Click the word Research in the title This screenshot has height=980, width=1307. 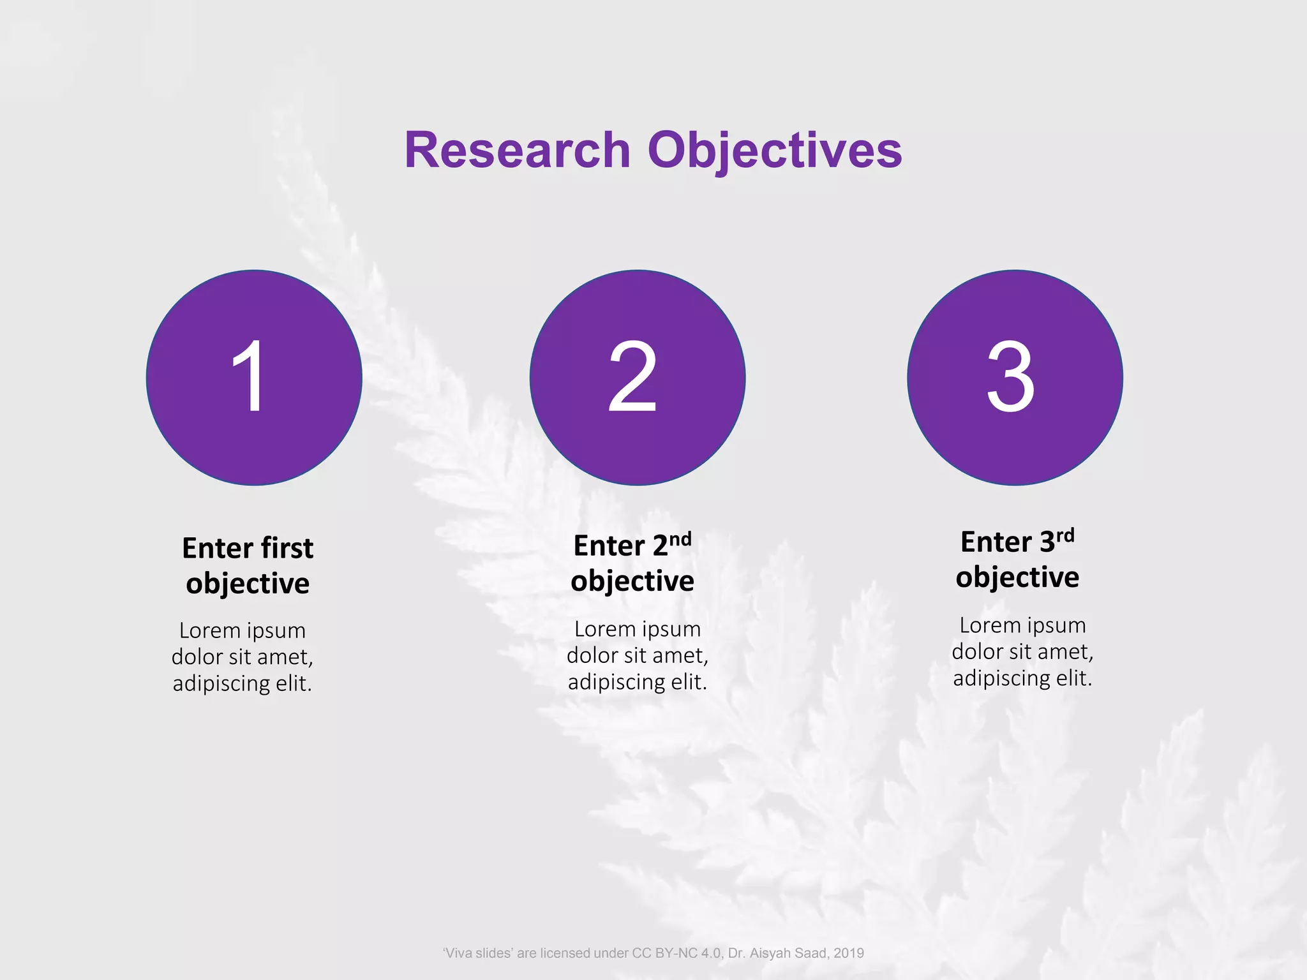tap(517, 151)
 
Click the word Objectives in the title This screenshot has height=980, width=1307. tap(775, 151)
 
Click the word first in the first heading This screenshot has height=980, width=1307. tap(287, 548)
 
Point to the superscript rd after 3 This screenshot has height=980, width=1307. tap(1065, 535)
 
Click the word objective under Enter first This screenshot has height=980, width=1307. tap(248, 584)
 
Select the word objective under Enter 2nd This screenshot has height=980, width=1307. tap(632, 581)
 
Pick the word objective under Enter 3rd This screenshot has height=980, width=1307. tap(1017, 577)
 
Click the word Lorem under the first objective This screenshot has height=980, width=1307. tap(209, 630)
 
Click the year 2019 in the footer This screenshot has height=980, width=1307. tap(848, 953)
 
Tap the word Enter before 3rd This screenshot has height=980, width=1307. tap(996, 542)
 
